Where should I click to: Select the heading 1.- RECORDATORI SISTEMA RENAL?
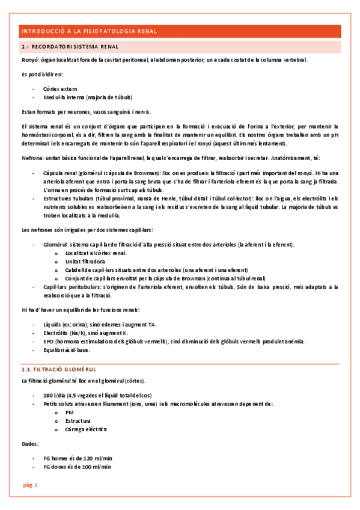pos(70,46)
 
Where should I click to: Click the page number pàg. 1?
pos(30,485)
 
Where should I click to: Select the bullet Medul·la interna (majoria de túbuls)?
pos(88,97)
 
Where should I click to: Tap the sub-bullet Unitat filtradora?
pos(85,262)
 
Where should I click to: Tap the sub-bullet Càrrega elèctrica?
pos(86,429)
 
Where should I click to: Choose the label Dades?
pos(30,444)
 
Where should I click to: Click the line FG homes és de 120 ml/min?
pos(78,458)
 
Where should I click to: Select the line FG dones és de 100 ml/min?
pos(78,467)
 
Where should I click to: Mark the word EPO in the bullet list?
pos(50,341)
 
